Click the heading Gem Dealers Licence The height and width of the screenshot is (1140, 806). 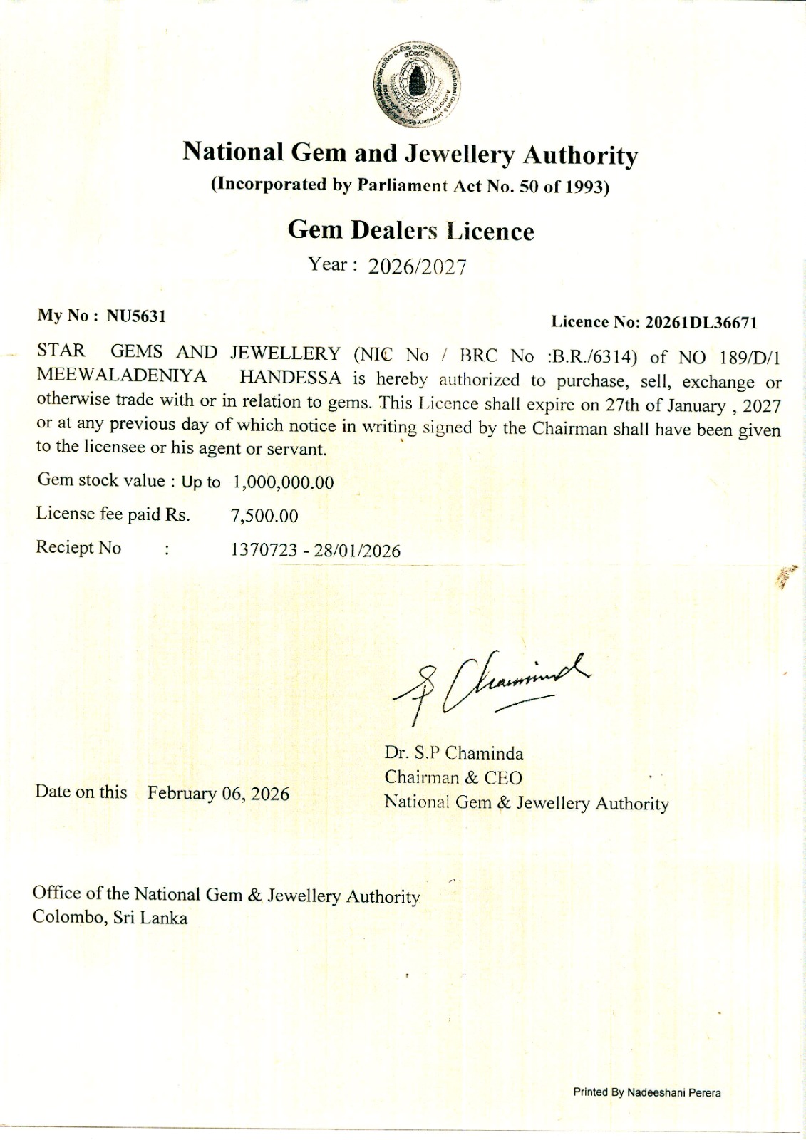[x=410, y=231]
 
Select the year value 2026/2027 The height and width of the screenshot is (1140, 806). [x=417, y=267]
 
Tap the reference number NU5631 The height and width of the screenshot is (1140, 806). [x=136, y=316]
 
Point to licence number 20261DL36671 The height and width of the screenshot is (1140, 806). [x=701, y=323]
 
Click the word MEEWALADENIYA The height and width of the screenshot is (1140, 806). [x=122, y=375]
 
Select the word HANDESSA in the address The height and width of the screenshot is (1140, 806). [x=290, y=378]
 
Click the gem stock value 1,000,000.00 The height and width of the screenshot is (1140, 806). [x=283, y=482]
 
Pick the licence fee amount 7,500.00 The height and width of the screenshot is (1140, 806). [x=264, y=516]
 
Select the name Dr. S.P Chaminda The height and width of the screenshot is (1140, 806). [x=454, y=753]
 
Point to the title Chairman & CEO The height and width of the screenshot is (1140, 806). [x=453, y=777]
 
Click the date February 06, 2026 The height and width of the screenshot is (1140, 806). [x=218, y=794]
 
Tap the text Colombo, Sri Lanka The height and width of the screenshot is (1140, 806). [x=110, y=918]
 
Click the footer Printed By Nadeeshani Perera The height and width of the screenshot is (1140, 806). [x=646, y=1092]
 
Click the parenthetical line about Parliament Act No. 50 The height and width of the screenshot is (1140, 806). [x=410, y=185]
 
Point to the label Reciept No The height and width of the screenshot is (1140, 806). [x=78, y=548]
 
